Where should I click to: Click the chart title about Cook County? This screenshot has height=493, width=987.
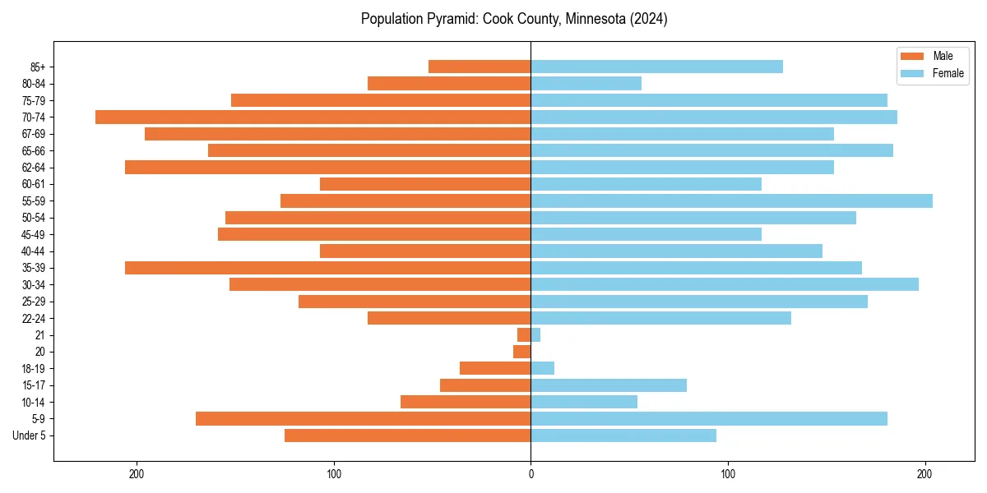coord(514,19)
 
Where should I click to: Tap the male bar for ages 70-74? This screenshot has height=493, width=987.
coord(313,117)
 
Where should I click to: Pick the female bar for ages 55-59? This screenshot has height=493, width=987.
coord(731,201)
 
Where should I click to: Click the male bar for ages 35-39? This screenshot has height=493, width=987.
coord(327,268)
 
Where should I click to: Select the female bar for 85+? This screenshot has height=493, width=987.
coord(656,67)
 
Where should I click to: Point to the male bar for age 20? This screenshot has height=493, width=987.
coord(522,352)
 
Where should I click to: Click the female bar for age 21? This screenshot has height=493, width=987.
coord(535,335)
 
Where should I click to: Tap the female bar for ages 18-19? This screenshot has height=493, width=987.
coord(543,368)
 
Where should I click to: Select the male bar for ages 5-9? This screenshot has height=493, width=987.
coord(363,419)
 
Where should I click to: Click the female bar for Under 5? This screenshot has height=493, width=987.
coord(623,435)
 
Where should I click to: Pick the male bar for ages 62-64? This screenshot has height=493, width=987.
coord(327,168)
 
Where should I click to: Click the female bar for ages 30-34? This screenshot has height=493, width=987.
coord(725,284)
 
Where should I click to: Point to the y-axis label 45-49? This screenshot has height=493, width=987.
coord(34,234)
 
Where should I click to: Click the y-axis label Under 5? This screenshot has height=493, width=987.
coord(29,435)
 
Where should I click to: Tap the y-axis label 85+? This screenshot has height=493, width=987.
coord(38,67)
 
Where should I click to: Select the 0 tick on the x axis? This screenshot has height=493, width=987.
coord(531,473)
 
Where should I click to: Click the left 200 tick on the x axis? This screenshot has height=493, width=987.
coord(137,473)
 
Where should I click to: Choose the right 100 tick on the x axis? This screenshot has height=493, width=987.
coord(728,473)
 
